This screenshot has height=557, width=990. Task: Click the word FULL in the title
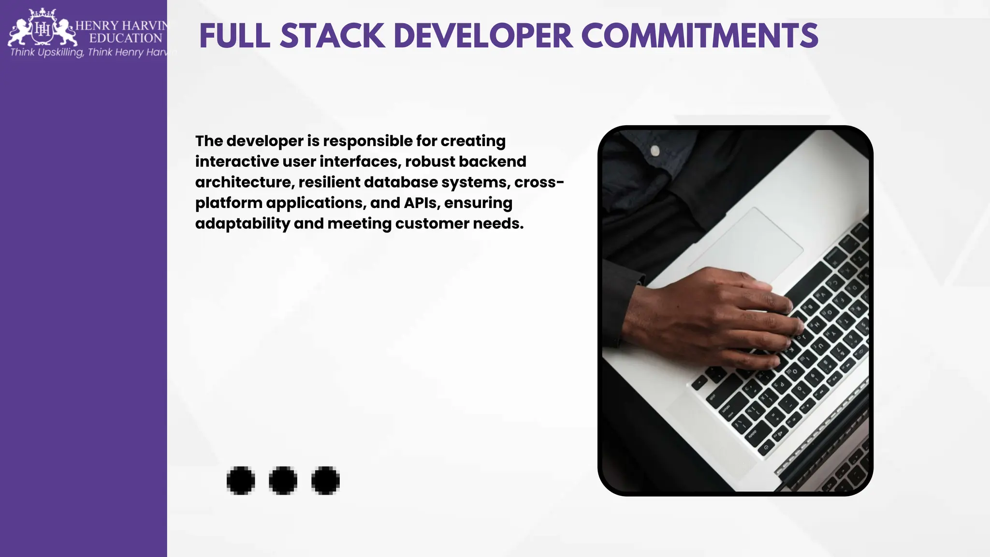point(234,36)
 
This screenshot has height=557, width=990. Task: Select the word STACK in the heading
point(332,36)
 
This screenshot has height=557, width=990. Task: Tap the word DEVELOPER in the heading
point(483,36)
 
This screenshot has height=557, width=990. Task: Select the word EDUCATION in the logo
point(126,38)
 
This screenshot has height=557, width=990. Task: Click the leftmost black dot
point(241,481)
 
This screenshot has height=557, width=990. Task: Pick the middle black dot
point(283,481)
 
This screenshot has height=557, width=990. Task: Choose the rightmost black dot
point(325,481)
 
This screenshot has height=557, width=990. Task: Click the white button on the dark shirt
point(655,151)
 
